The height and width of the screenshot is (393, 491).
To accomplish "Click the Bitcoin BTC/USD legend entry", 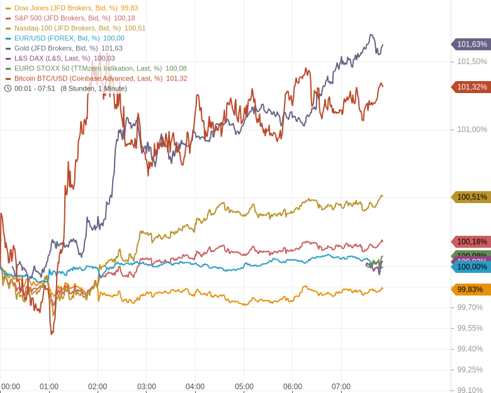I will click(88, 79).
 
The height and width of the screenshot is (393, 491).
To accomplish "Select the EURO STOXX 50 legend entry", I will click(87, 69).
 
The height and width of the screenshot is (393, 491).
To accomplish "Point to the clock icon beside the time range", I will click(8, 89).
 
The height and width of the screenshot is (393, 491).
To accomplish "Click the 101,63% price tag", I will click(471, 44).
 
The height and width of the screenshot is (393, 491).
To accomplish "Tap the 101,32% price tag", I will click(471, 87).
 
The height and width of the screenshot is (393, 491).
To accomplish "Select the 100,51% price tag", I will click(471, 197).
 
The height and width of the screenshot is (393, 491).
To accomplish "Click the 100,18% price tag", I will click(471, 241).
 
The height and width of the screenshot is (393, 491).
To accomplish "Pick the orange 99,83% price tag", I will click(471, 289).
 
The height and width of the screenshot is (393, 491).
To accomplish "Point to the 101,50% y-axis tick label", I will click(471, 62).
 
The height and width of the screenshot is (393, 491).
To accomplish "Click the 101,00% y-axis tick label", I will click(471, 130).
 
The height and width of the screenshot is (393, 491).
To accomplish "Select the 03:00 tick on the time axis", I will click(147, 387).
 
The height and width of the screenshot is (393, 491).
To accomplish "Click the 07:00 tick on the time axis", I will click(341, 387).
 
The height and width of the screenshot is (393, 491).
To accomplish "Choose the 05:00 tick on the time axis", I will click(244, 387).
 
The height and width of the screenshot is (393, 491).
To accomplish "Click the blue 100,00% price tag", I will click(471, 267).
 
